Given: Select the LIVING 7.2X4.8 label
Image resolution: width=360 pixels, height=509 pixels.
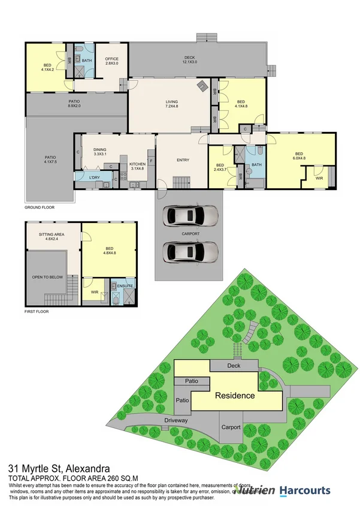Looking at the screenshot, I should pyautogui.click(x=172, y=104).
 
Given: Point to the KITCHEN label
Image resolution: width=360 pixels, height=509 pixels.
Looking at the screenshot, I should pyautogui.click(x=138, y=165).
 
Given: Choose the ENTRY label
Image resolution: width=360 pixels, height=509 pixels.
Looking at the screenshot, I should pyautogui.click(x=183, y=160).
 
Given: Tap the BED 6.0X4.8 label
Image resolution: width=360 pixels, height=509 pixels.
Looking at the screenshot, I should pyautogui.click(x=298, y=157).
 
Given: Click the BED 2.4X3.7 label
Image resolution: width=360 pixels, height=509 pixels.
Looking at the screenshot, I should pyautogui.click(x=220, y=167).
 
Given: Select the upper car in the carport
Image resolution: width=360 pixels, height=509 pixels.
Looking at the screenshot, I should pyautogui.click(x=189, y=215).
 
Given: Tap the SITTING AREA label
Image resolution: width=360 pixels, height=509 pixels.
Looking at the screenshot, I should pyautogui.click(x=52, y=236).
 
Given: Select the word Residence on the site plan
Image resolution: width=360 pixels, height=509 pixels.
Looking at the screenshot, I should pyautogui.click(x=235, y=396).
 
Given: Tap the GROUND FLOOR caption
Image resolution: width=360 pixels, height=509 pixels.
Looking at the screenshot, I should pyautogui.click(x=40, y=207).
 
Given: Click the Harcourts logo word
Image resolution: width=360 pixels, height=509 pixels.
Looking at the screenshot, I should pyautogui.click(x=304, y=491).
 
